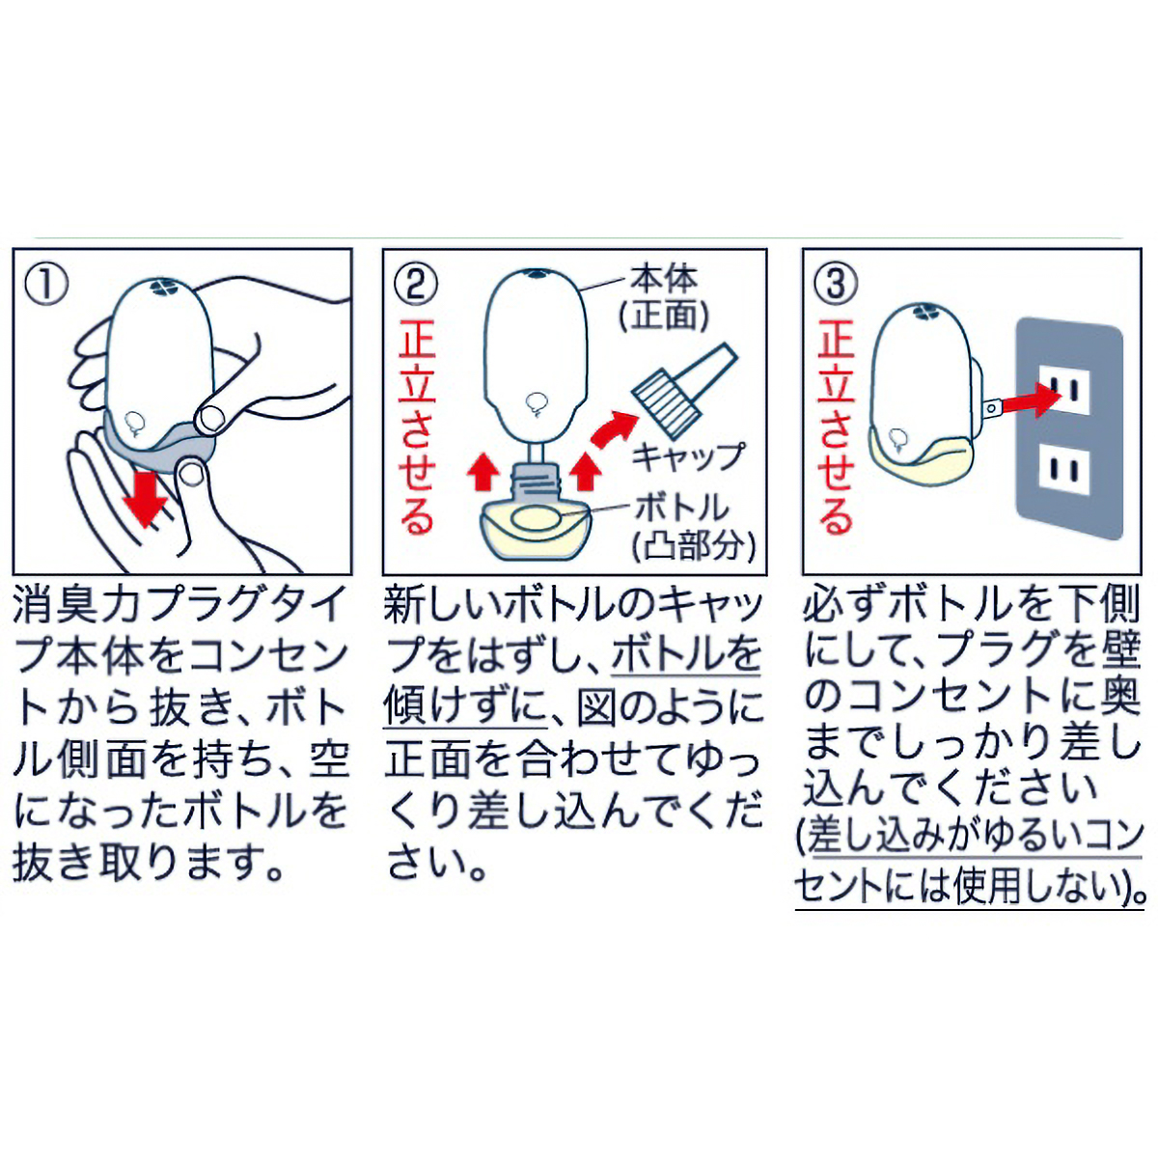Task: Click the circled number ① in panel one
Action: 47,285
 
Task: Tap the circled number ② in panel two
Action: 417,285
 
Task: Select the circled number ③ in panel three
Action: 837,285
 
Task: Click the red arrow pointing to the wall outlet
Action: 1023,398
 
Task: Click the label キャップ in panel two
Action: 688,455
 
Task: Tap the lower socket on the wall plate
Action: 1065,472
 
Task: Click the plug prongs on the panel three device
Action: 990,408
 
